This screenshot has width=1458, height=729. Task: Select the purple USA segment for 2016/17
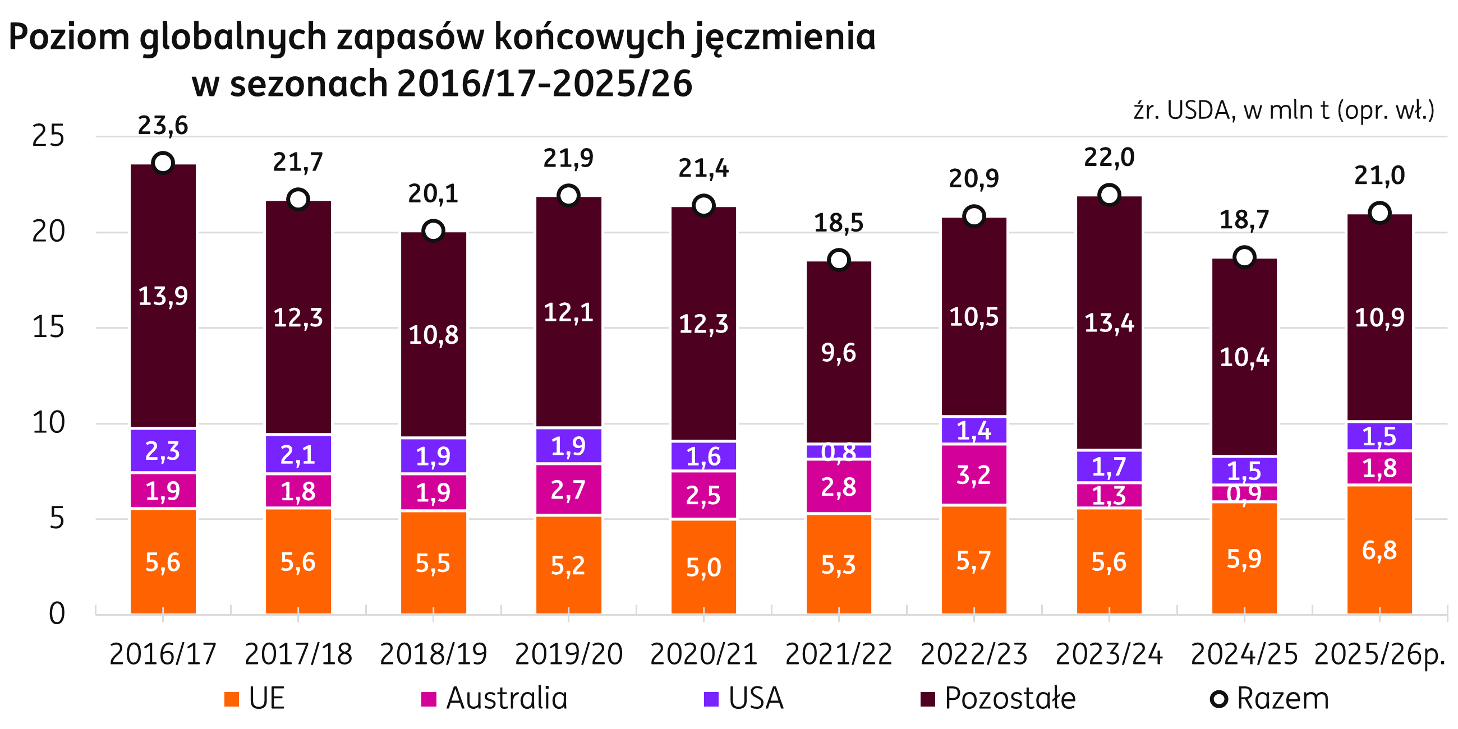pyautogui.click(x=163, y=450)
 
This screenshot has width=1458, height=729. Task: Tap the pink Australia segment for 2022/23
pyautogui.click(x=973, y=475)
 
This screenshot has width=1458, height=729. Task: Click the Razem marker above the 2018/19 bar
pyautogui.click(x=434, y=231)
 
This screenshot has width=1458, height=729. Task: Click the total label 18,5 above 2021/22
pyautogui.click(x=839, y=223)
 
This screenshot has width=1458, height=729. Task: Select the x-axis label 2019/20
pyautogui.click(x=568, y=654)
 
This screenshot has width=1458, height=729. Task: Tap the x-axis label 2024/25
pyautogui.click(x=1244, y=654)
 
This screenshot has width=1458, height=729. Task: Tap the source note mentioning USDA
pyautogui.click(x=1284, y=110)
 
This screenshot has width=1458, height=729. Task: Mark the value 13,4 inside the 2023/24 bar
pyautogui.click(x=1109, y=323)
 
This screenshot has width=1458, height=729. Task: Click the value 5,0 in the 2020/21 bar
pyautogui.click(x=703, y=567)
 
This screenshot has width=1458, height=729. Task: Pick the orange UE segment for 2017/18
pyautogui.click(x=298, y=562)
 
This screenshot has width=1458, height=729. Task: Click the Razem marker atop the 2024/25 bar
pyautogui.click(x=1244, y=257)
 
